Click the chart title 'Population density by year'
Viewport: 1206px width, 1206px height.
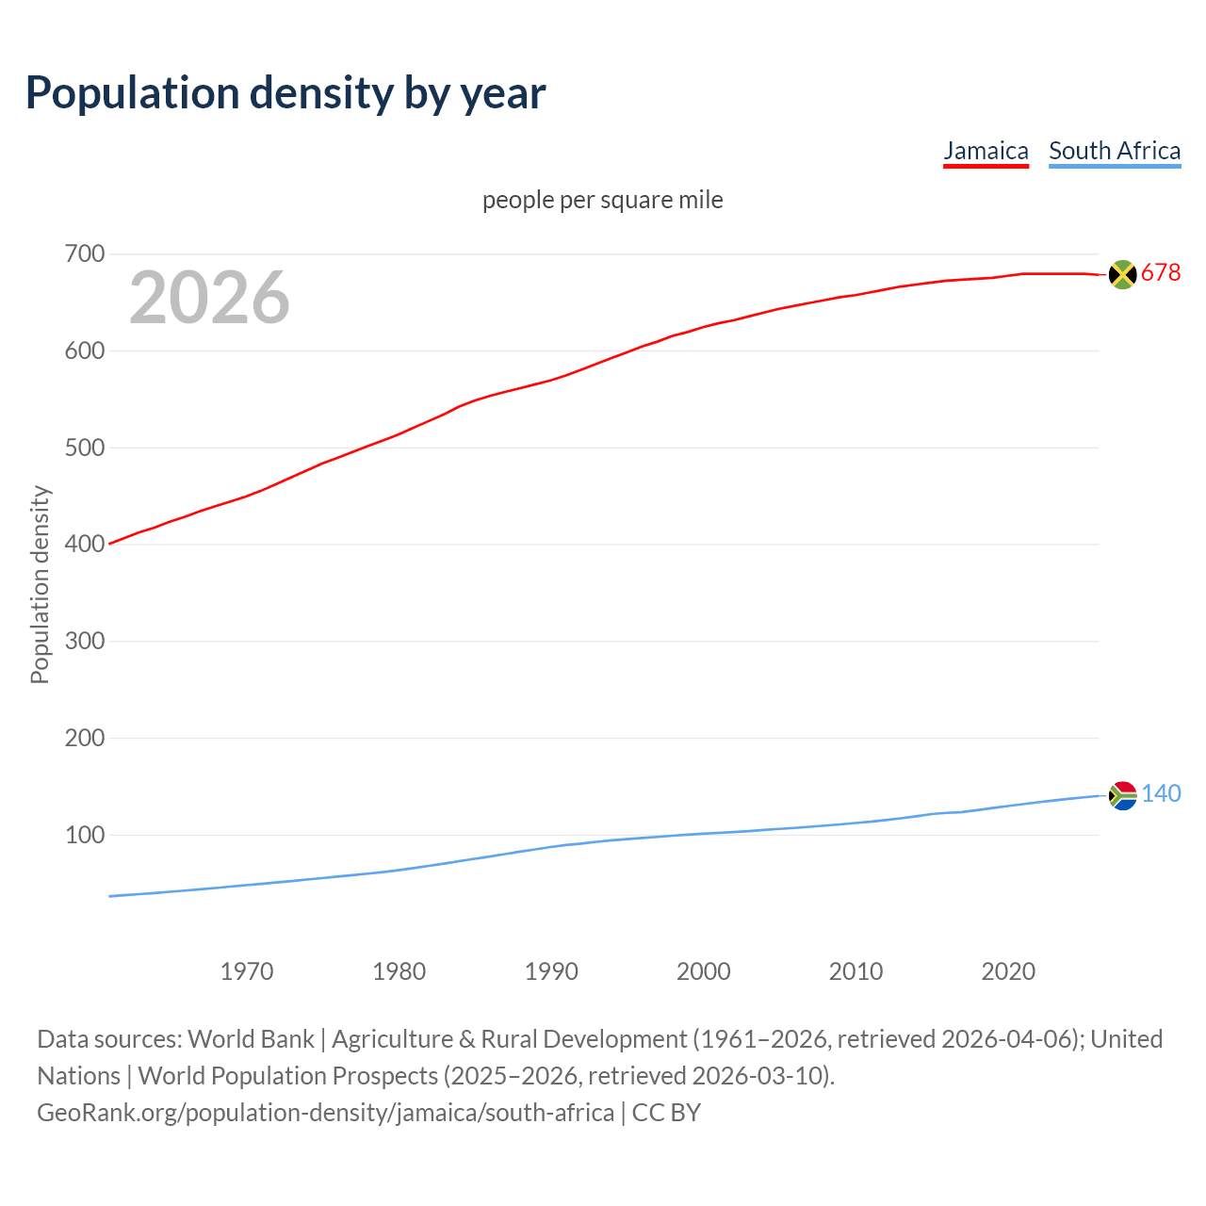click(285, 92)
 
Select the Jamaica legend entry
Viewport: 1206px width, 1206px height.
click(986, 151)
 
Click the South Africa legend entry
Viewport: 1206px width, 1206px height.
click(1114, 151)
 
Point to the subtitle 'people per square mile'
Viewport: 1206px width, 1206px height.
click(602, 200)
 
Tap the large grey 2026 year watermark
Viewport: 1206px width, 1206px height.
click(209, 298)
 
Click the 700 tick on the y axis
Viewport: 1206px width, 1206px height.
click(84, 254)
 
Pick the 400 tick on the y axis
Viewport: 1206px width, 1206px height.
click(84, 545)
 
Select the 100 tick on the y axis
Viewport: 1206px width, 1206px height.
click(84, 835)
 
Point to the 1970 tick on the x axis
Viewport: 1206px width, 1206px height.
click(247, 971)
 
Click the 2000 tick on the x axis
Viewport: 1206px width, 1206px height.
click(703, 971)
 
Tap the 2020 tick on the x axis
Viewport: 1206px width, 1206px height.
click(1008, 971)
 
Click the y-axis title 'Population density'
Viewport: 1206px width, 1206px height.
click(40, 584)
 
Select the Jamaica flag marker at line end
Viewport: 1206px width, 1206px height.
click(1122, 274)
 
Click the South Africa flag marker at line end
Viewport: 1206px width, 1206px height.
click(1122, 796)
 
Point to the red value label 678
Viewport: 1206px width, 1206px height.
click(1161, 273)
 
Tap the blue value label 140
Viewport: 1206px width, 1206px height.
click(1161, 794)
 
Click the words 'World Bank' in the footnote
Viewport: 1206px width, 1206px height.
click(251, 1039)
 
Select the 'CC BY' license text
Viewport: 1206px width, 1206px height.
click(666, 1113)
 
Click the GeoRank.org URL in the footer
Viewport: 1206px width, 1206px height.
click(325, 1113)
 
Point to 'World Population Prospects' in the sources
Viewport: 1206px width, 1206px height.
click(288, 1076)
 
